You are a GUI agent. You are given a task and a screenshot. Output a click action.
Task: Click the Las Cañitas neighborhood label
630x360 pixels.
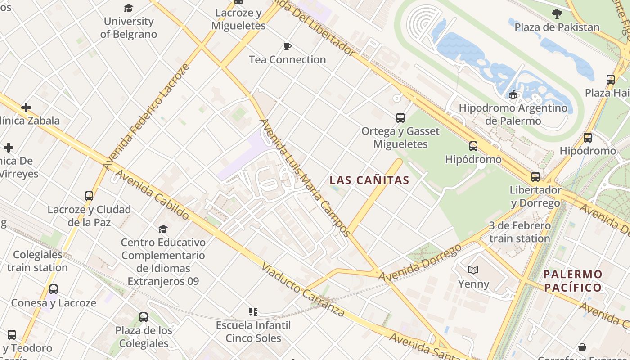[x=369, y=180]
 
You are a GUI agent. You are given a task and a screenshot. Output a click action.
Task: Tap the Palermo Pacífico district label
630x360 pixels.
[x=572, y=281]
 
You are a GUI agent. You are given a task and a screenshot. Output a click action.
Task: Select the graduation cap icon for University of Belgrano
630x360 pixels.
[x=129, y=8]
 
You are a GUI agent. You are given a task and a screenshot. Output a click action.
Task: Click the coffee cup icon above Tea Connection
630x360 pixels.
[x=287, y=46]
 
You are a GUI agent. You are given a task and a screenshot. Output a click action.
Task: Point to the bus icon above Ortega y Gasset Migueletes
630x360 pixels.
[x=400, y=118]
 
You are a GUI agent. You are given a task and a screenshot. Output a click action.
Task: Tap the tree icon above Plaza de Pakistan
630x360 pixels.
[x=557, y=14]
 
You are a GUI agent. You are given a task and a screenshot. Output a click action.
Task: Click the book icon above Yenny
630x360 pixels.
[x=473, y=270]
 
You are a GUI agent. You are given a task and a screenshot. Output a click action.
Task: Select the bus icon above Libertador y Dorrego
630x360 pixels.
[x=535, y=177]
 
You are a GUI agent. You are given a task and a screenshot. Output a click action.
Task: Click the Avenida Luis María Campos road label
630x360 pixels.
[x=305, y=178]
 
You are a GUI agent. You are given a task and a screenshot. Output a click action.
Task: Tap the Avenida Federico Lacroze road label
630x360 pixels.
[x=146, y=117]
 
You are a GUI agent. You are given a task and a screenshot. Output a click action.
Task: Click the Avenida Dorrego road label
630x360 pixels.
[x=420, y=263]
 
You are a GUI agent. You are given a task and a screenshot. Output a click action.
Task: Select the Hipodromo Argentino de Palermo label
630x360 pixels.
[x=513, y=114]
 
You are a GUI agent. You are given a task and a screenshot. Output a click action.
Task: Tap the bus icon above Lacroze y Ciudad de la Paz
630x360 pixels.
[x=89, y=196]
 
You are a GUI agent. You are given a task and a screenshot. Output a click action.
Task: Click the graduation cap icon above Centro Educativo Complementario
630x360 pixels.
[x=163, y=229]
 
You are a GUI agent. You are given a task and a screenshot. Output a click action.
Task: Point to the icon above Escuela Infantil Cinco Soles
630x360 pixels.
[x=253, y=311]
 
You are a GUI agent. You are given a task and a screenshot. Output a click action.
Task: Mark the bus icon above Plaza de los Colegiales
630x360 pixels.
[x=144, y=317]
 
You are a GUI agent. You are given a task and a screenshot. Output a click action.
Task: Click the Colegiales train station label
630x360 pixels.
[x=38, y=261]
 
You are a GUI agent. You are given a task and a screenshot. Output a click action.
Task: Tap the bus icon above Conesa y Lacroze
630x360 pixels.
[x=54, y=289]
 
